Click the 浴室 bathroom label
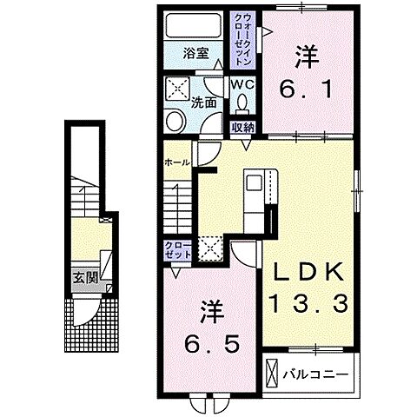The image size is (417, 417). pyautogui.click(x=195, y=53)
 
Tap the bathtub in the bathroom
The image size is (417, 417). pyautogui.click(x=194, y=25)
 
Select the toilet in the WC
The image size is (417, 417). pyautogui.click(x=242, y=104)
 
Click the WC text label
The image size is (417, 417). pyautogui.click(x=242, y=84)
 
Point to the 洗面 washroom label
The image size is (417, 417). pyautogui.click(x=203, y=103)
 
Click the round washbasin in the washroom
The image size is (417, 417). pyautogui.click(x=175, y=122)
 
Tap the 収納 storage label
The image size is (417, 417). pyautogui.click(x=243, y=128)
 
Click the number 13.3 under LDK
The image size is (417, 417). pyautogui.click(x=308, y=303)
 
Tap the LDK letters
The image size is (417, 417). pyautogui.click(x=309, y=271)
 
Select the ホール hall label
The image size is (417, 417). pyautogui.click(x=177, y=162)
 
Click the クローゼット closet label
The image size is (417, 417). pyautogui.click(x=178, y=250)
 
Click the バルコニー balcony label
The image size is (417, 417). pyautogui.click(x=315, y=374)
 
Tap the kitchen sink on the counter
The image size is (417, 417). pyautogui.click(x=254, y=182)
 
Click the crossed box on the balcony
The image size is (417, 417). pyautogui.click(x=272, y=374)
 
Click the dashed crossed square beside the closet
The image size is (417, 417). pyautogui.click(x=210, y=248)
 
